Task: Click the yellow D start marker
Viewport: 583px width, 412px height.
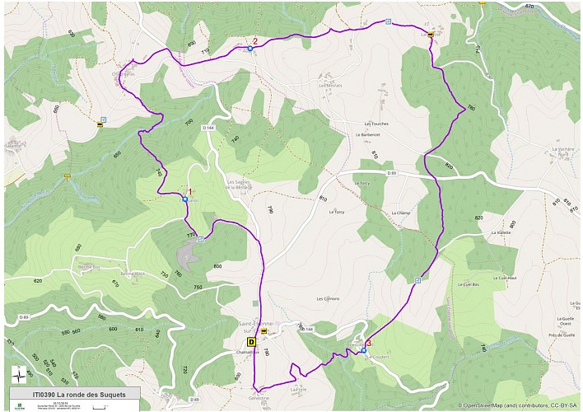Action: [x=252, y=341]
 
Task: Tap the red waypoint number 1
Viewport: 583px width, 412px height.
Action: [x=190, y=191]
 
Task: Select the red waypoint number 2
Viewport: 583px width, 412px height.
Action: [x=255, y=41]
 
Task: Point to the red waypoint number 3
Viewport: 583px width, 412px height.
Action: [x=369, y=343]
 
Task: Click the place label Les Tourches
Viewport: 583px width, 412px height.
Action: [x=375, y=124]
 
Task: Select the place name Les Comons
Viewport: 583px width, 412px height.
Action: [x=328, y=298]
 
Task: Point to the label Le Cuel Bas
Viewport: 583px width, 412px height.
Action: [x=471, y=283]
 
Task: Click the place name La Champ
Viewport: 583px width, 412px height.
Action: [x=401, y=213]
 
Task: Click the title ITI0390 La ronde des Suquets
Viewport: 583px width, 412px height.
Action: [x=74, y=394]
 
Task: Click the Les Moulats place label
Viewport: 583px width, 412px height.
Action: [x=330, y=85]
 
